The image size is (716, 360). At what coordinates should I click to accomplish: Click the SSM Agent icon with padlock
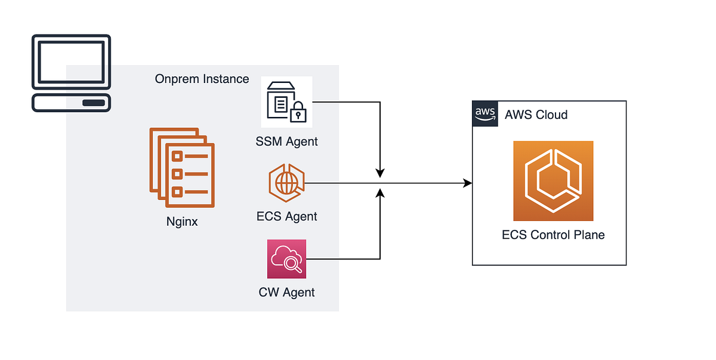point(286,101)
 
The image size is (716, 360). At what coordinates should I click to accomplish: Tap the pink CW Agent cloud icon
point(286,259)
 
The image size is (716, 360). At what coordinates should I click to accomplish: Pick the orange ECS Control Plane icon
point(553,181)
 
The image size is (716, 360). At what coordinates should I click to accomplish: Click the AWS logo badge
point(485,113)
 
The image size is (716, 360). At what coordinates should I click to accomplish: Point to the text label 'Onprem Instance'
point(202,79)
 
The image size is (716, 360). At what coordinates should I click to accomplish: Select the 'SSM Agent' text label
point(286,141)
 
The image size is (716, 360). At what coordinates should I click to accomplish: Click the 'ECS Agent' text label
point(286,216)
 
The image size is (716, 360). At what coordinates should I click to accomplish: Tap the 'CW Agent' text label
point(286,293)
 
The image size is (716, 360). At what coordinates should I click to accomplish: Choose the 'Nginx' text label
point(181,223)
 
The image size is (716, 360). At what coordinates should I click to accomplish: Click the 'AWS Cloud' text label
point(536,115)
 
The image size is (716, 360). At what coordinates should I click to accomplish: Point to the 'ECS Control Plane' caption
point(553,235)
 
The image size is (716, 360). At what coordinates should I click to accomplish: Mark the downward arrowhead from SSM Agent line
point(381,173)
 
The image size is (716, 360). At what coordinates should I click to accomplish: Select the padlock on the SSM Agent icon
point(298,113)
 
